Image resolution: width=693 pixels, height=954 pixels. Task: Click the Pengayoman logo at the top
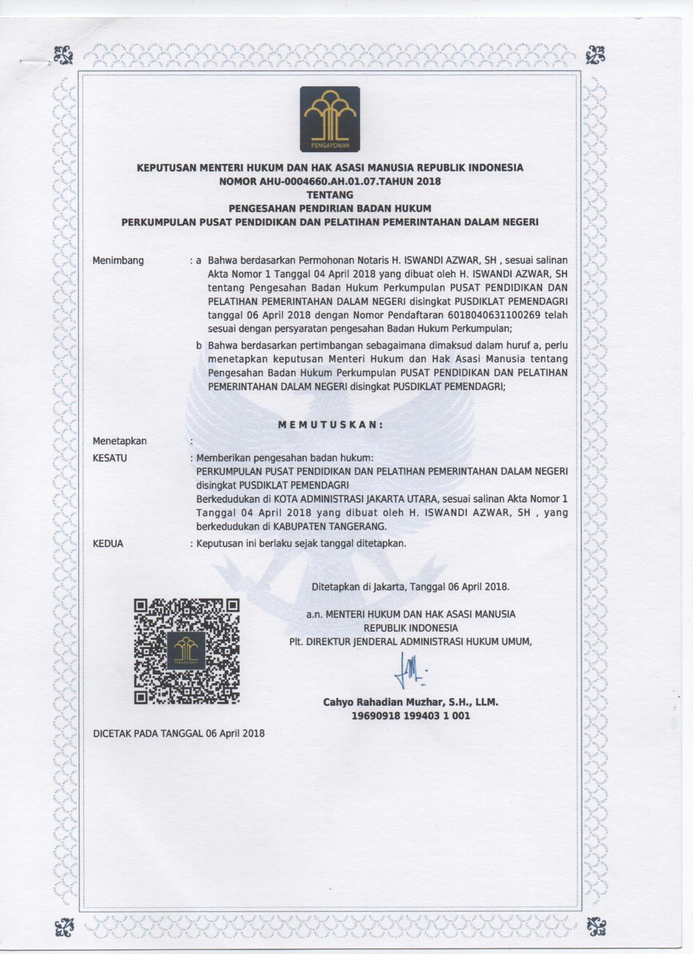pos(330,119)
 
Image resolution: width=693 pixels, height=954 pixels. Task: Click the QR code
pos(187,651)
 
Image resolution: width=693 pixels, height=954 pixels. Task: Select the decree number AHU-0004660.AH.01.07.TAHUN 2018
pos(330,181)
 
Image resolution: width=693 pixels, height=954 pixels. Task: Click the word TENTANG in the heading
pos(330,194)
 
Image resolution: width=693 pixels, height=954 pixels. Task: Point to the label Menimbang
pos(118,260)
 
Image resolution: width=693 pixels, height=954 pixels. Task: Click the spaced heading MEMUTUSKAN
pos(330,425)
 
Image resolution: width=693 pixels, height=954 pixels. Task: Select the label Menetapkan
pos(120,441)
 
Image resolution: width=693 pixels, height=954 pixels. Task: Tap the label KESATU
pos(110,458)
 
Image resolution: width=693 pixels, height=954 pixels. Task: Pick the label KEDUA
pos(108,543)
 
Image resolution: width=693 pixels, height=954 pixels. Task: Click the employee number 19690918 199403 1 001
pos(410,715)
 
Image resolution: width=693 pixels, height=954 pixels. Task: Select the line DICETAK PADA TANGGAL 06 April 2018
pos(179,734)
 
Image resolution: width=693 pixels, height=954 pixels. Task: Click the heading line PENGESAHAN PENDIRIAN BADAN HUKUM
pos(330,208)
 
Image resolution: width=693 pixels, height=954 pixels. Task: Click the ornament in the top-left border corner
pos(63,55)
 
